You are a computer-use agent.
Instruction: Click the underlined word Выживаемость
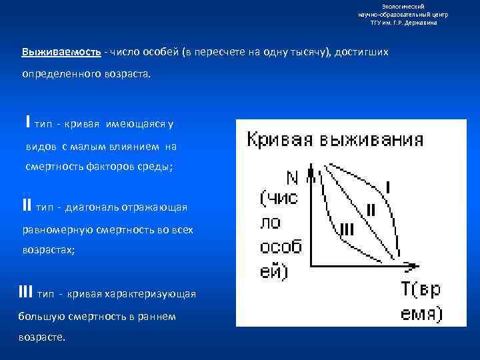pyautogui.click(x=61, y=52)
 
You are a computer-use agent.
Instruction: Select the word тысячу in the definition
pyautogui.click(x=303, y=52)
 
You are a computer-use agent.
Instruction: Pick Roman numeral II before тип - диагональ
pyautogui.click(x=27, y=207)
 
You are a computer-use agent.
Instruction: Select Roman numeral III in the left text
pyautogui.click(x=26, y=292)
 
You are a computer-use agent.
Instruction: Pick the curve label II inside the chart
pyautogui.click(x=371, y=210)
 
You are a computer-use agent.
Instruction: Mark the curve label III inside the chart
pyautogui.click(x=346, y=230)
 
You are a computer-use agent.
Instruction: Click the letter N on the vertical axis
pyautogui.click(x=291, y=177)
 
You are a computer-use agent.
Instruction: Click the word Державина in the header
pyautogui.click(x=421, y=22)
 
